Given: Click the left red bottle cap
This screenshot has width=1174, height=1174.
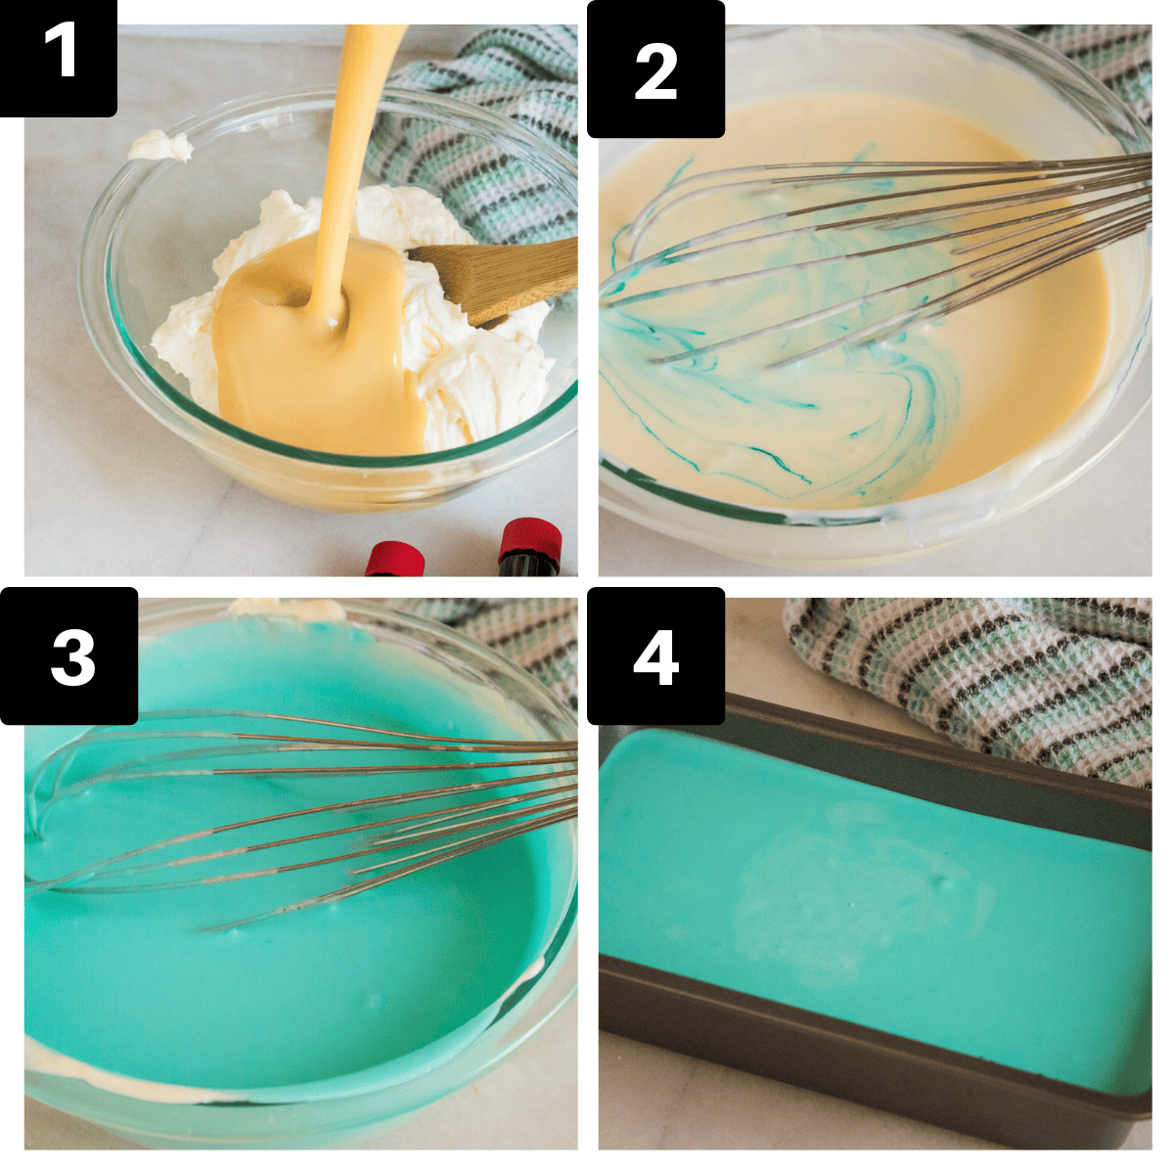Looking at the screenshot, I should (395, 560).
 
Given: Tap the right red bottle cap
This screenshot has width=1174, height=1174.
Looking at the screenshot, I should (531, 543).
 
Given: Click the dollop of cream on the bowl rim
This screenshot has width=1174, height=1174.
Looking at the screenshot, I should (161, 147).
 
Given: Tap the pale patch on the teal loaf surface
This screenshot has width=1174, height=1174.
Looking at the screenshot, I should (832, 880).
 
